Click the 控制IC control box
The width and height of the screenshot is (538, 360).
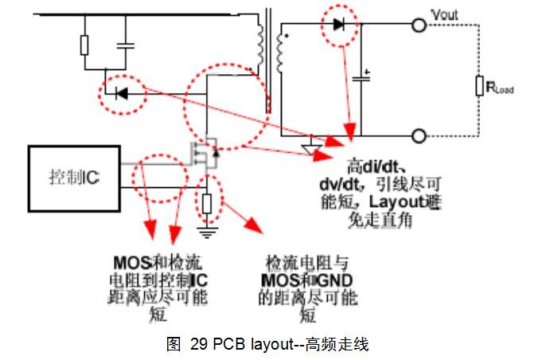tap(74, 177)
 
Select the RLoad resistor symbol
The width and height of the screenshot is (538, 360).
tap(480, 87)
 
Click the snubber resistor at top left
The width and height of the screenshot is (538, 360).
tap(84, 45)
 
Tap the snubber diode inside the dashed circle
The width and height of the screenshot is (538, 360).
tap(121, 93)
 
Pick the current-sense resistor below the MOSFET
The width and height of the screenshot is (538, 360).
tap(207, 202)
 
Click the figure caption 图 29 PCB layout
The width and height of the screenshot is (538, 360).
tap(268, 345)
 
